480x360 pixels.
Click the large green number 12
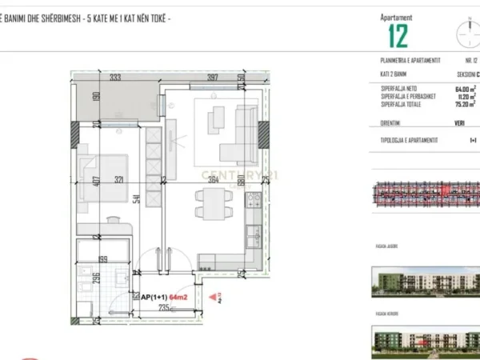pyautogui.click(x=398, y=36)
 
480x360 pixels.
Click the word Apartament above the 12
pyautogui.click(x=398, y=17)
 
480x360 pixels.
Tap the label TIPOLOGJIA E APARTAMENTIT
pyautogui.click(x=410, y=140)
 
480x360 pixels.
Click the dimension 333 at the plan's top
pyautogui.click(x=115, y=78)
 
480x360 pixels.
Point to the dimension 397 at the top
pyautogui.click(x=212, y=78)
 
